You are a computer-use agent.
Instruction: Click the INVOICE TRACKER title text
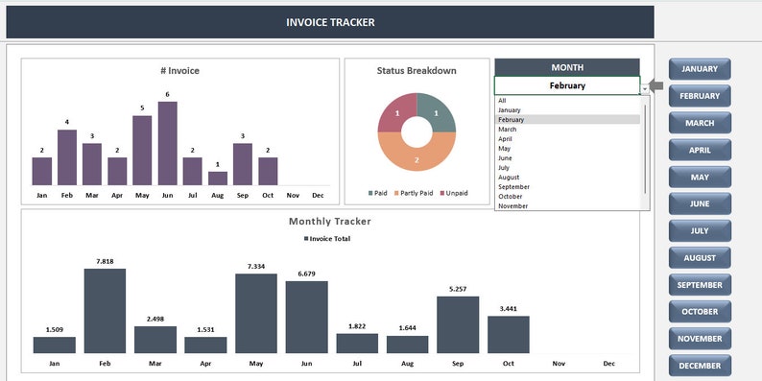pyautogui.click(x=330, y=22)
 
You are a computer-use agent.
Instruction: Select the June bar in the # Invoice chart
pyautogui.click(x=167, y=143)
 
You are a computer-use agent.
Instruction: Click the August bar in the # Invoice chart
pyautogui.click(x=218, y=178)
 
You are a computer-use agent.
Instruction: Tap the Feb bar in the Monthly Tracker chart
pyautogui.click(x=105, y=311)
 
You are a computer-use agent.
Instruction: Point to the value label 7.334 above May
pyautogui.click(x=255, y=266)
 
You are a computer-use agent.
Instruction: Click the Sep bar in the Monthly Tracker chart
pyautogui.click(x=458, y=324)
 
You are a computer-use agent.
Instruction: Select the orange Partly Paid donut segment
pyautogui.click(x=417, y=158)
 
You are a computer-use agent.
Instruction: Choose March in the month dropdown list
pyautogui.click(x=508, y=130)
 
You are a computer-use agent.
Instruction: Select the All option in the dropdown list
pyautogui.click(x=502, y=101)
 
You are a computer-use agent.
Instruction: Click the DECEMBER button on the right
pyautogui.click(x=700, y=366)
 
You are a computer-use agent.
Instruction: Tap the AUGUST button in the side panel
pyautogui.click(x=700, y=258)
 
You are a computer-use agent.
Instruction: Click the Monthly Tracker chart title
pyautogui.click(x=330, y=222)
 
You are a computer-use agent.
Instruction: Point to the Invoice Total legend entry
pyautogui.click(x=329, y=239)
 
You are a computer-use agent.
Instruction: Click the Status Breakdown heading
pyautogui.click(x=417, y=71)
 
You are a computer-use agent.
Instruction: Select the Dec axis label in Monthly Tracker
pyautogui.click(x=608, y=365)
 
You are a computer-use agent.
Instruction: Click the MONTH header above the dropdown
pyautogui.click(x=567, y=67)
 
